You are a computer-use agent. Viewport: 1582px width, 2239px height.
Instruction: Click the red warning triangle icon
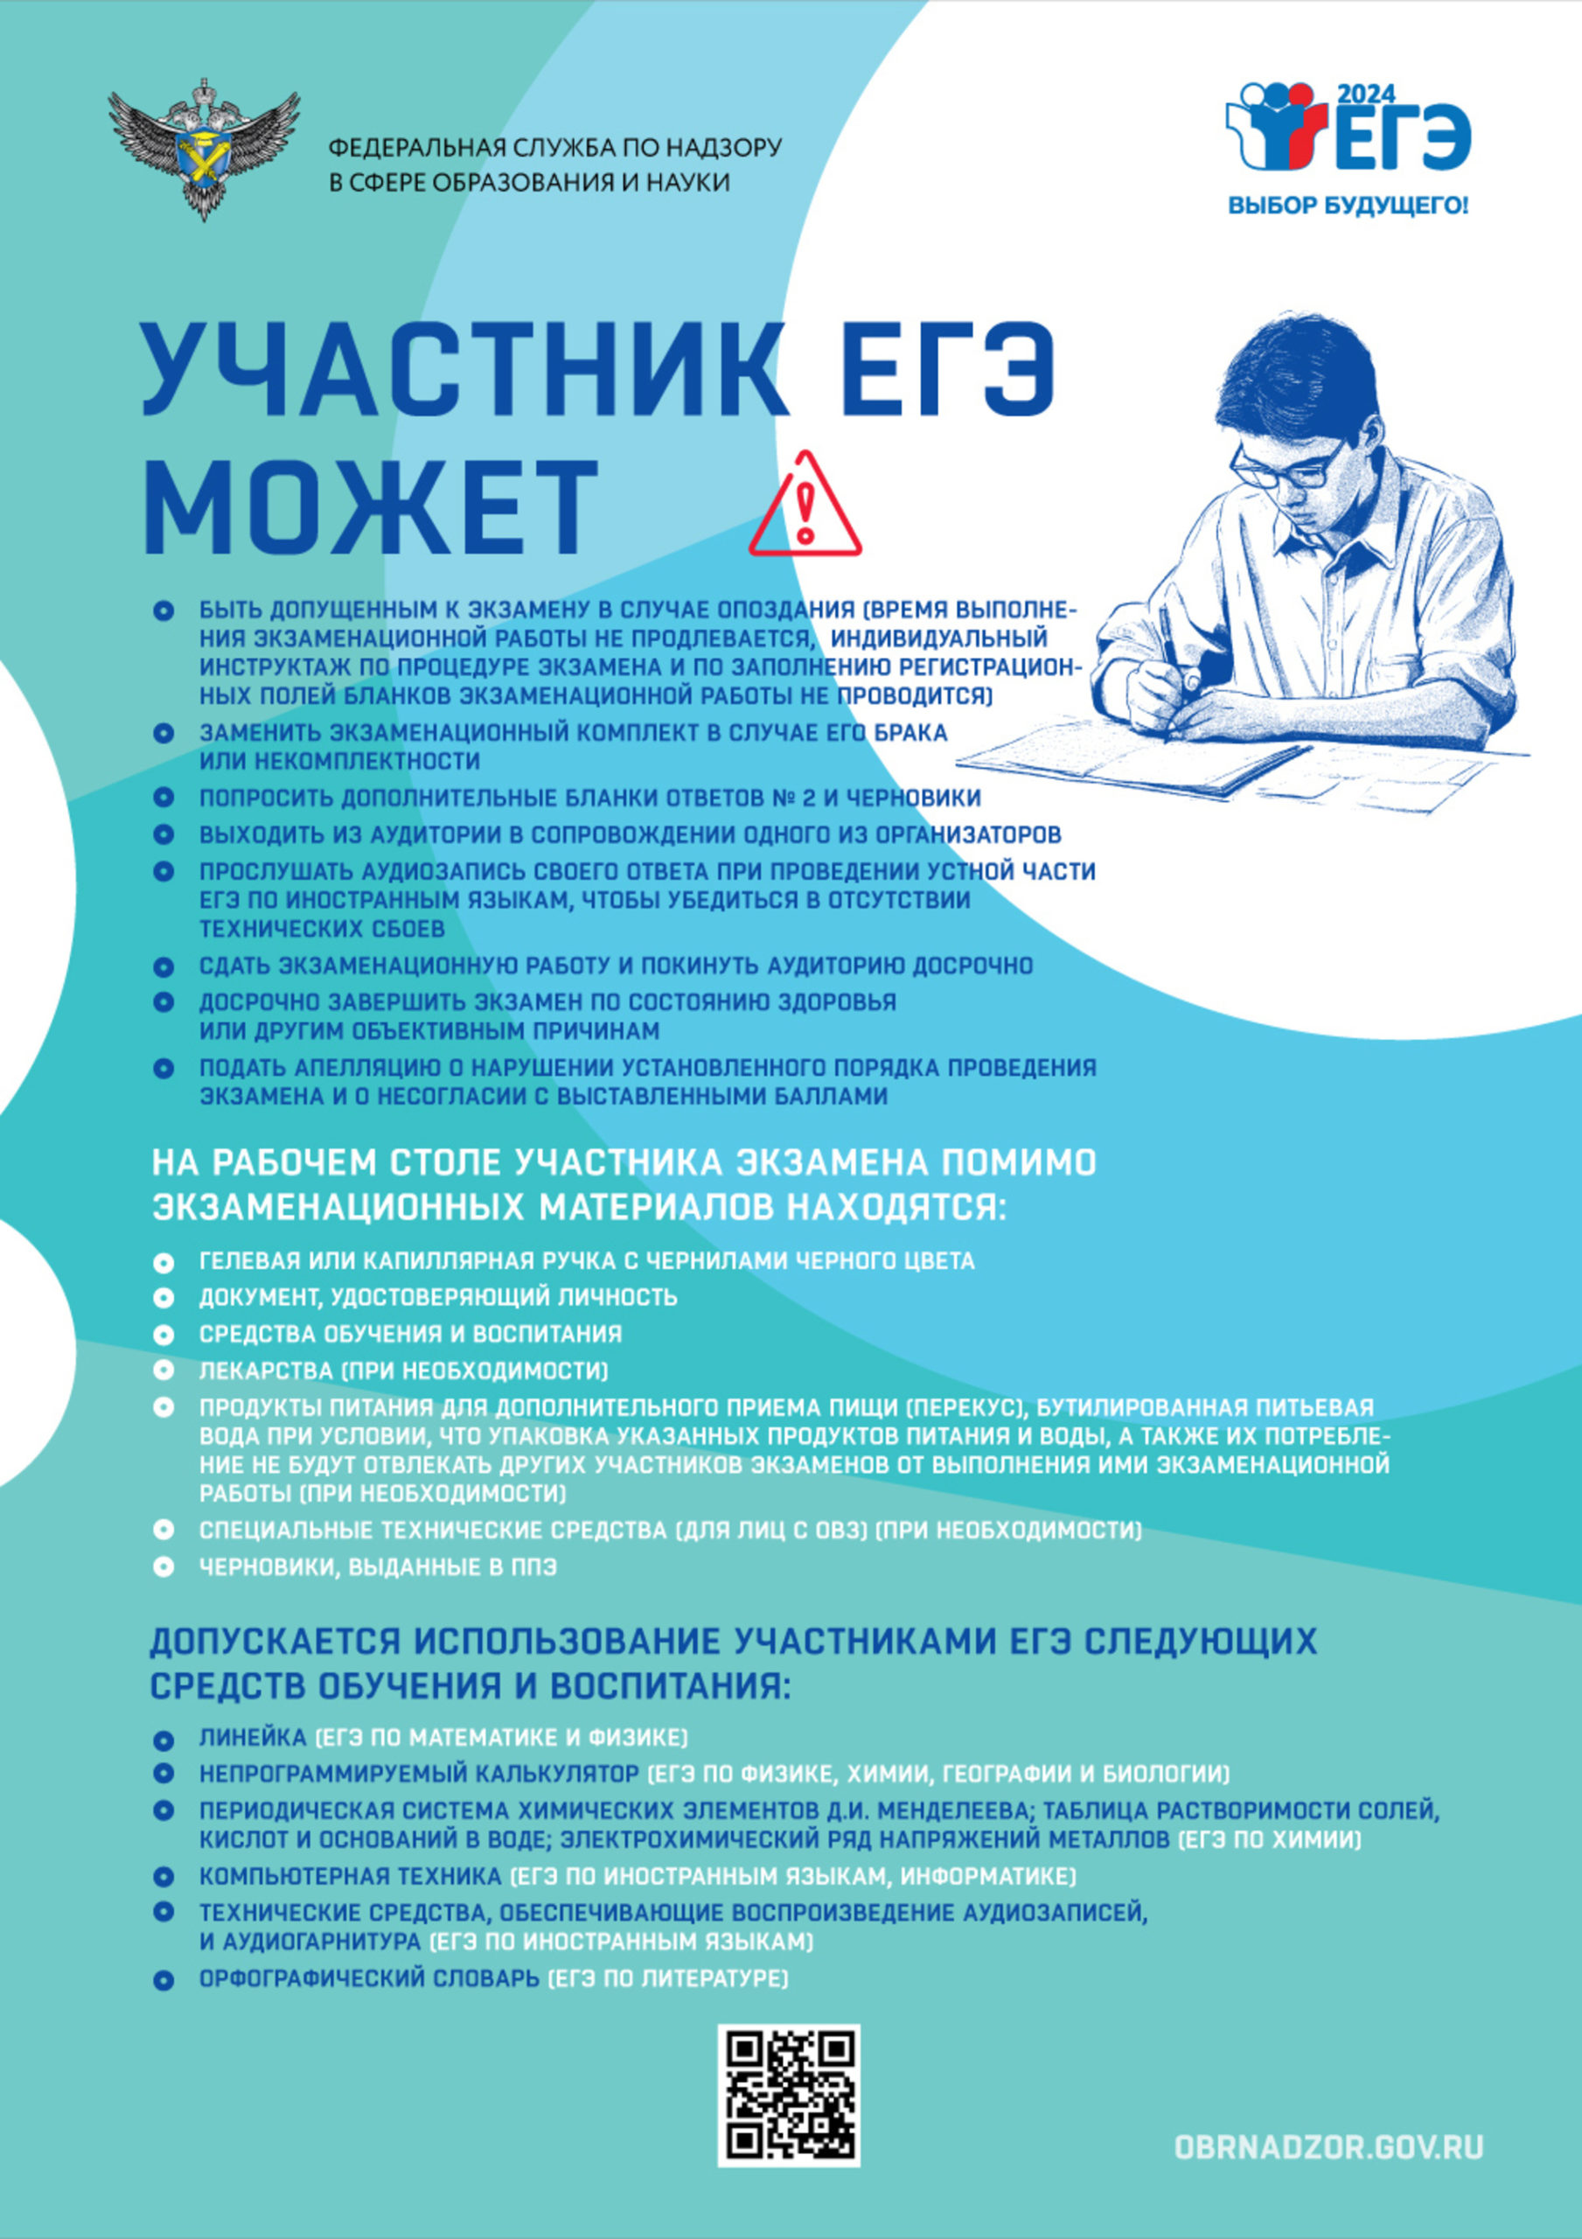(x=805, y=507)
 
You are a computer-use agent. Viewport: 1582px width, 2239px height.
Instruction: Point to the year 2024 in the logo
(x=1364, y=94)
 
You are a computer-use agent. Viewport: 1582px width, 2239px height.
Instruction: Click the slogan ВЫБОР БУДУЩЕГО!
(x=1347, y=206)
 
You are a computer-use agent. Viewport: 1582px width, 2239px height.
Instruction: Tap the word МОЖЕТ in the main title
(x=372, y=507)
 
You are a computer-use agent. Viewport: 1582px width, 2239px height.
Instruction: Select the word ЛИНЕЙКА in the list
(x=254, y=1738)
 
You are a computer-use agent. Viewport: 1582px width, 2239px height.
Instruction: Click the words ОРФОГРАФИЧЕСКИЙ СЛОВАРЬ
(x=369, y=1978)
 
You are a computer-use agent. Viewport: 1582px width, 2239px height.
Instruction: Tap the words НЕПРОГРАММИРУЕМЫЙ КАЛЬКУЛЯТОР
(x=418, y=1773)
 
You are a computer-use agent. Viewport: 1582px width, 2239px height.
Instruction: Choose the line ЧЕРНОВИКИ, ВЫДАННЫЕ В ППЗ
(x=378, y=1567)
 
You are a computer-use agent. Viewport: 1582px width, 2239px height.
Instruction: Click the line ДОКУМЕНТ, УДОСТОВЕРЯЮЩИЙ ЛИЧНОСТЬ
(x=438, y=1297)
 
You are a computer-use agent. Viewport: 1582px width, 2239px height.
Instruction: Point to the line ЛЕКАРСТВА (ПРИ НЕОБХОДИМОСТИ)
(x=403, y=1371)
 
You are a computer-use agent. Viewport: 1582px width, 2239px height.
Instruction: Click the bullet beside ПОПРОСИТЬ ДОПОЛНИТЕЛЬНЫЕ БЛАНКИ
(x=164, y=798)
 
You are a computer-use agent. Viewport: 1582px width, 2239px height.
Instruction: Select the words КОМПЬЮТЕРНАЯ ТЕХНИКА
(x=350, y=1876)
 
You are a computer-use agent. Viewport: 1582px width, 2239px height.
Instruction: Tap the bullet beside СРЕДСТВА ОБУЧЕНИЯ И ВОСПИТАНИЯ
(x=164, y=1334)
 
